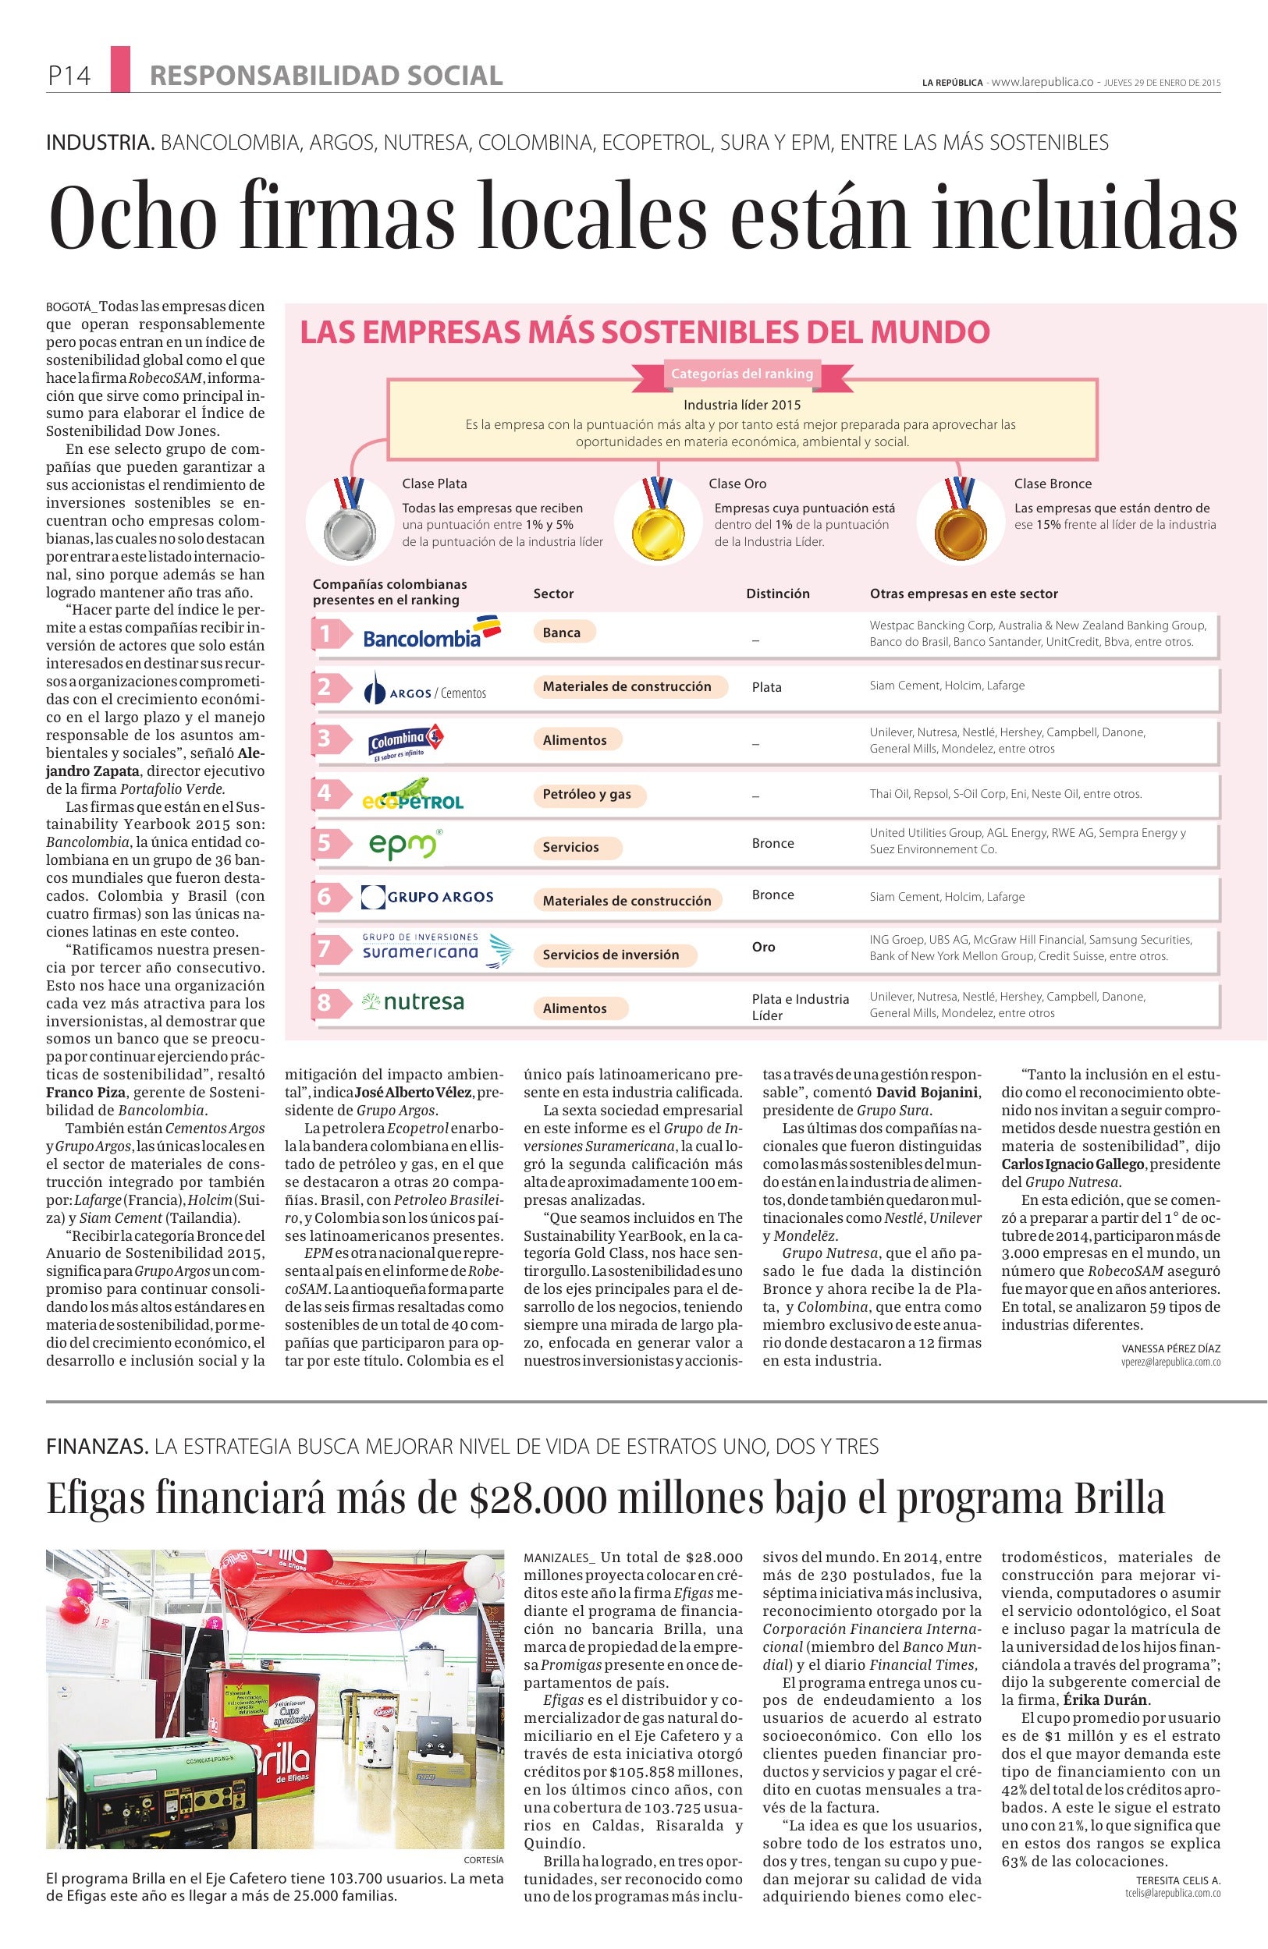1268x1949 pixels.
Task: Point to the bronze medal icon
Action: coord(955,519)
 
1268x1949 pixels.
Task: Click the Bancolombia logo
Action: coord(431,633)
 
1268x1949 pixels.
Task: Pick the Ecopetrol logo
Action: coord(414,793)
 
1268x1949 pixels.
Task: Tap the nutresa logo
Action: coord(413,1002)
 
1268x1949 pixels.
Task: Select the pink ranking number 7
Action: coord(325,948)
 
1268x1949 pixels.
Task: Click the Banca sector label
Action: coord(562,633)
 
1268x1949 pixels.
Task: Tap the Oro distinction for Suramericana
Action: coord(763,948)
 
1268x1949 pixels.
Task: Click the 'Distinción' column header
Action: coord(777,594)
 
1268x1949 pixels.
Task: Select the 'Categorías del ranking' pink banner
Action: coord(742,374)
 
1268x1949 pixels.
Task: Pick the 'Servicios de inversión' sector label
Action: coord(610,955)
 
